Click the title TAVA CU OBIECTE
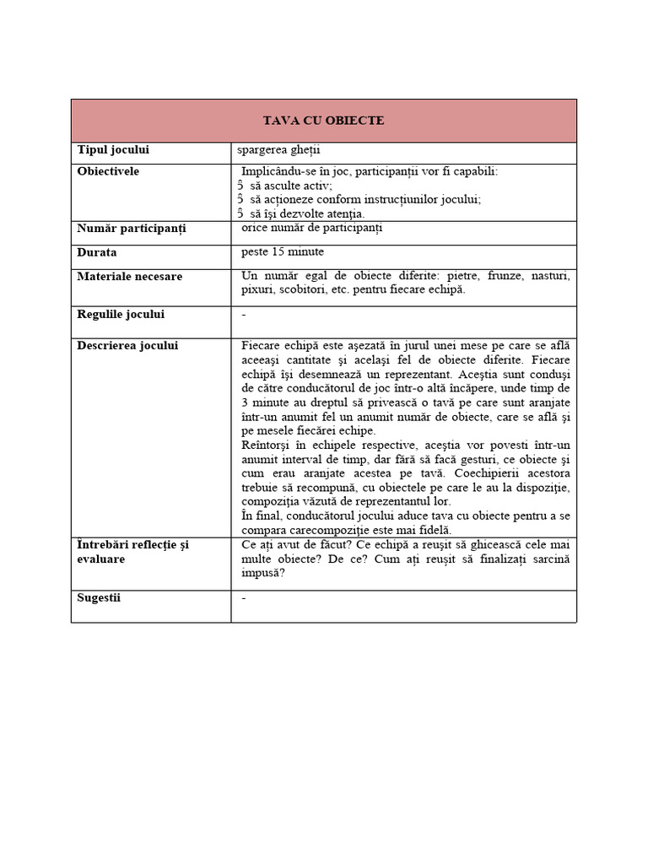coord(323,121)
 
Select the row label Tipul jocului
coord(113,150)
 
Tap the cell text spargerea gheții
coord(273,150)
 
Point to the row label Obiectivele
coord(108,171)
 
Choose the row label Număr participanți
coord(132,229)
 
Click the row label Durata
coord(97,252)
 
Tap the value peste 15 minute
coord(282,252)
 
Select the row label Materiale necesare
coord(129,276)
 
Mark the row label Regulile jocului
coord(121,315)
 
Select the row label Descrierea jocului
coord(127,345)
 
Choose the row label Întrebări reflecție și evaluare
coord(132,552)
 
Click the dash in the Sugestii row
coord(244,598)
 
